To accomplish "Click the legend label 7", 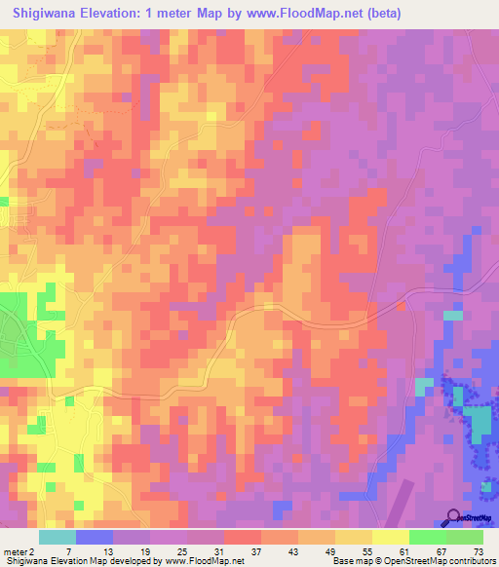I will (x=67, y=550).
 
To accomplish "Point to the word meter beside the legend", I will (x=14, y=550).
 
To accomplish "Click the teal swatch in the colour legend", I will (x=58, y=537).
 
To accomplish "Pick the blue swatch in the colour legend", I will (x=95, y=537).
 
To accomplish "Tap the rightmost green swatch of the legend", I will (x=465, y=537).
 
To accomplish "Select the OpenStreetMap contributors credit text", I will (x=438, y=560).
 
